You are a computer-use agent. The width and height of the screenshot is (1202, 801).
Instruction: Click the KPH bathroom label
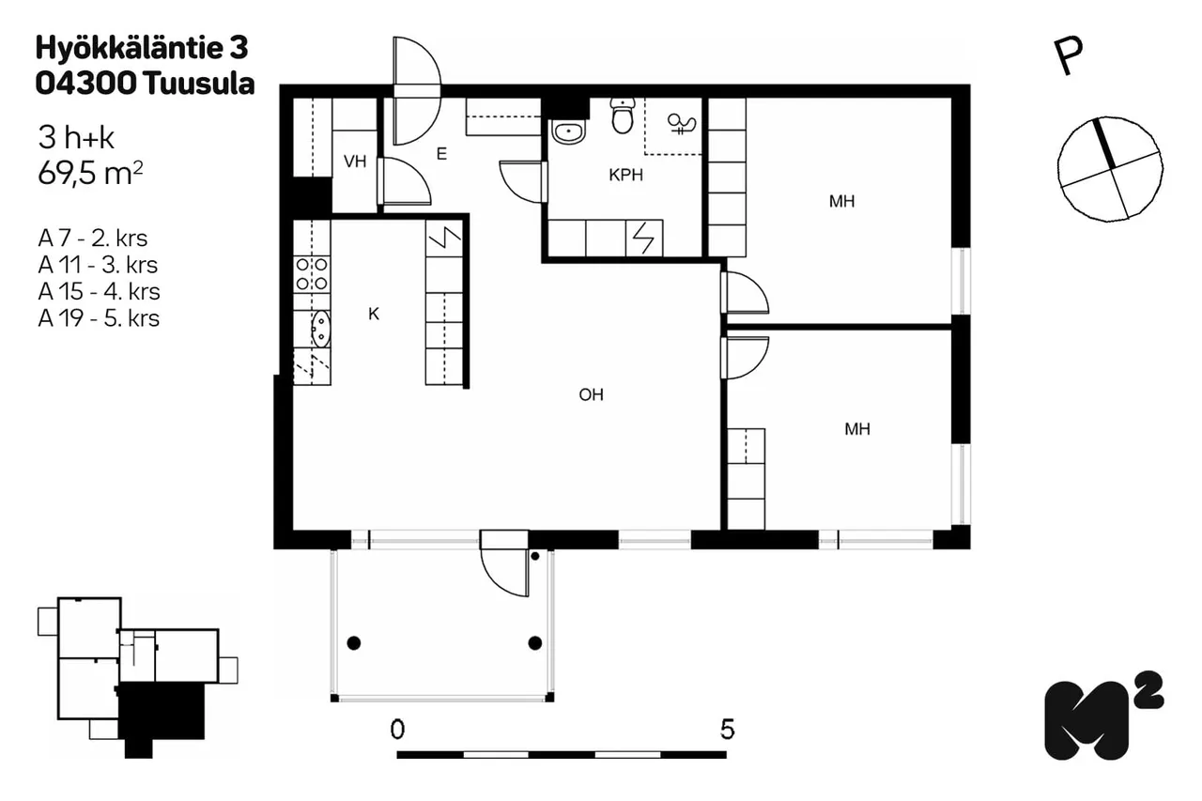(625, 175)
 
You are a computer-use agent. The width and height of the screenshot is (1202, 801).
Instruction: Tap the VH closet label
(355, 161)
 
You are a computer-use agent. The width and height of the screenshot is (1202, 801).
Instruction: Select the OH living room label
(591, 395)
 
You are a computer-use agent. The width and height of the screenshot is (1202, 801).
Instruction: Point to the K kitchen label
(374, 314)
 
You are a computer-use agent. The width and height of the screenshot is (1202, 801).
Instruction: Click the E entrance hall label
(441, 154)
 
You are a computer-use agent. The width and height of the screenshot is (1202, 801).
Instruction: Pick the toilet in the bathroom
(623, 115)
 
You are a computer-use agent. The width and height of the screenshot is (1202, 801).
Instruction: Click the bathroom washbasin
(568, 132)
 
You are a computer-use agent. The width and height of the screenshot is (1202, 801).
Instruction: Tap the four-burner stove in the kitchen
(312, 273)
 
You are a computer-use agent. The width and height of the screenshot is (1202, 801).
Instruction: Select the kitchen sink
(320, 329)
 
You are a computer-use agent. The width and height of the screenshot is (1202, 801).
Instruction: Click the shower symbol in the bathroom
(682, 125)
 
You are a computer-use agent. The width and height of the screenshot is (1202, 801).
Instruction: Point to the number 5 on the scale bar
(727, 730)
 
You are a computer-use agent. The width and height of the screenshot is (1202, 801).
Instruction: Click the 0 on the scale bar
(397, 730)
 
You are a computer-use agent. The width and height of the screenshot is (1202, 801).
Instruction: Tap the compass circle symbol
(1110, 168)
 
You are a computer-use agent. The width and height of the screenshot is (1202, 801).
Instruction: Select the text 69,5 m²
(90, 174)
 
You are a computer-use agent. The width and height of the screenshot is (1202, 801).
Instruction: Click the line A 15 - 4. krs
(99, 292)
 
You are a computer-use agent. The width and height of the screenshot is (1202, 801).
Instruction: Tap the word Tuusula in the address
(198, 85)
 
